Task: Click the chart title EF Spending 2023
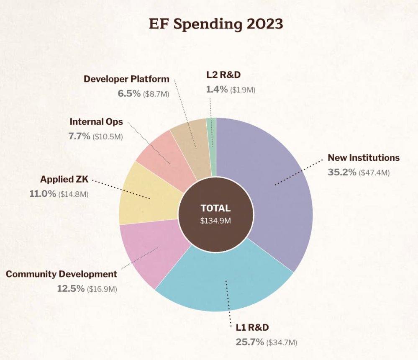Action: [x=216, y=24]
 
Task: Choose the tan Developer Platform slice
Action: [x=192, y=142]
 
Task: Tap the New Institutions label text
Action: [x=364, y=158]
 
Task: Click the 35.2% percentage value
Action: [x=342, y=172]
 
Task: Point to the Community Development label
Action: [x=62, y=274]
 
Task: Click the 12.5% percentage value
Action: [x=71, y=289]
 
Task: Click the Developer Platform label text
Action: [x=126, y=79]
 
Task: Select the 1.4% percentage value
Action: [x=216, y=89]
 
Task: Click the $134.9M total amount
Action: [x=215, y=220]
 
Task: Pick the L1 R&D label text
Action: [x=250, y=328]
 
